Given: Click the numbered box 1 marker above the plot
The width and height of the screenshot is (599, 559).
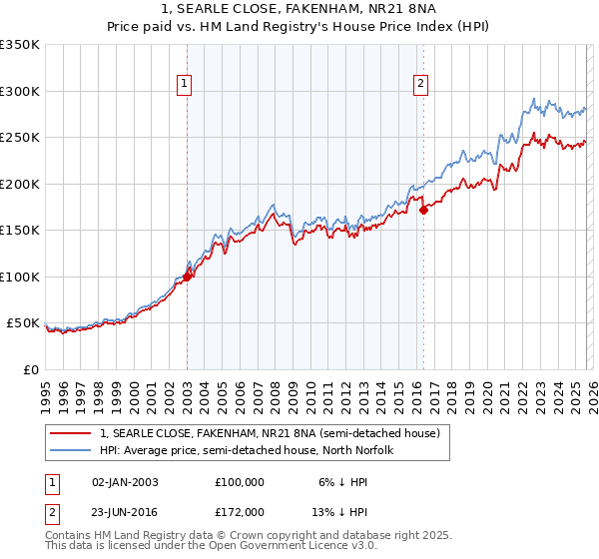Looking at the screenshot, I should click(x=187, y=84).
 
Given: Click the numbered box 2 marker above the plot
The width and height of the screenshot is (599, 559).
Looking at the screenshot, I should click(x=421, y=84).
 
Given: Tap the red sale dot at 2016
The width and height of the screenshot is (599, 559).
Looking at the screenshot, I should click(x=423, y=211).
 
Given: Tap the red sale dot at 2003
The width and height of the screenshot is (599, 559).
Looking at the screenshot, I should click(x=187, y=278).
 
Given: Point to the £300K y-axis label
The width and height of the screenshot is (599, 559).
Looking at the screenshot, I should click(x=20, y=91).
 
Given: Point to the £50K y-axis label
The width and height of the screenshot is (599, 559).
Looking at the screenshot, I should click(x=23, y=323).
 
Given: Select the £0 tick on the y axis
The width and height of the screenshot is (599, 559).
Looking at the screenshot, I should click(x=32, y=370).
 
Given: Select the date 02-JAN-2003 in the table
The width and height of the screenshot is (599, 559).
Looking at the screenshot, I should click(x=125, y=482).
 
